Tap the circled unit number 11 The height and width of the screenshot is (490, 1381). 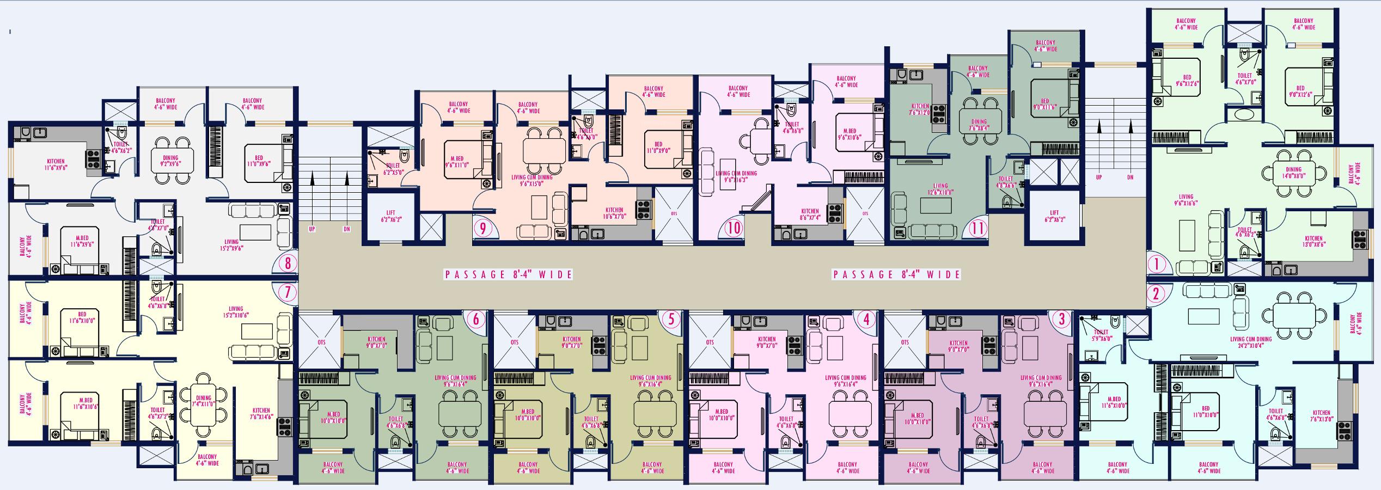click(x=978, y=228)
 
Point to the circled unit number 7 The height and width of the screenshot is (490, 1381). click(x=288, y=293)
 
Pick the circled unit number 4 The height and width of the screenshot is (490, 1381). click(x=866, y=320)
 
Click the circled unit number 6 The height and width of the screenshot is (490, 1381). click(x=476, y=319)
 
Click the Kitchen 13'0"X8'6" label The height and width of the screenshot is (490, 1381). click(x=1313, y=241)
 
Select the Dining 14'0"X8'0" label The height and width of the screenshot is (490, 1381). click(x=1293, y=173)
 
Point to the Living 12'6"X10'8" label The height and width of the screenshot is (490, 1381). click(x=940, y=189)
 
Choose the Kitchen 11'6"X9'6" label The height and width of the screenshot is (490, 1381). click(x=56, y=164)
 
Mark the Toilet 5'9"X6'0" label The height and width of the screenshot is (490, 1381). click(x=1101, y=335)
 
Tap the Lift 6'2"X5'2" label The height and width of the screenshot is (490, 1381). click(x=390, y=216)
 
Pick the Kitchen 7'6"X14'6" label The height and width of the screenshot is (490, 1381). click(x=261, y=414)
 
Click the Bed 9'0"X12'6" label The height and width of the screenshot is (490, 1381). click(x=1300, y=91)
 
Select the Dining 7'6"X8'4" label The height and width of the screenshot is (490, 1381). click(x=978, y=125)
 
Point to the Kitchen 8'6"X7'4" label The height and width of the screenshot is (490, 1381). click(x=809, y=215)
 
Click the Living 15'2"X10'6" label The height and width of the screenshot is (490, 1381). click(x=236, y=312)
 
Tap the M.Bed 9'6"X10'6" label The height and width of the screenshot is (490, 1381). click(x=849, y=134)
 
